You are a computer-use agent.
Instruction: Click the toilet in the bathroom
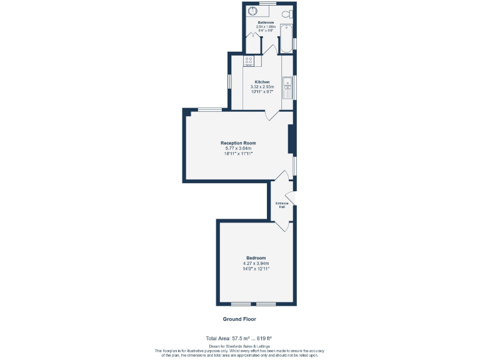coord(287,13)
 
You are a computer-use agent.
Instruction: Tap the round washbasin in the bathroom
coord(254,10)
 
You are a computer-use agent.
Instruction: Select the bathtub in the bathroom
coord(287,38)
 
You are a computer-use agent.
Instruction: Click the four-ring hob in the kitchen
coord(249,61)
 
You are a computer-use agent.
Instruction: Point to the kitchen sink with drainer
coord(287,87)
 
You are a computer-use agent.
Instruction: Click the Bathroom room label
coord(266,22)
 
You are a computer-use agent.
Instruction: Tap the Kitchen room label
coord(262,82)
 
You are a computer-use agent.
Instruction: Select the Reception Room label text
coord(238,143)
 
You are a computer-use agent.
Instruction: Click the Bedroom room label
coord(256,258)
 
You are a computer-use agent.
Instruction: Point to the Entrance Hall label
coord(281,205)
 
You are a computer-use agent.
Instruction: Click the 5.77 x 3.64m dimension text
coord(238,148)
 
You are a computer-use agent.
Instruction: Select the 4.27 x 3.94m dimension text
coord(256,264)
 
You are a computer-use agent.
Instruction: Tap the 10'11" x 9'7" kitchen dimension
coord(262,92)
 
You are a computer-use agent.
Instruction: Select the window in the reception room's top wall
coord(209,110)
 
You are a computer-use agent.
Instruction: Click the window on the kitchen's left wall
coord(229,82)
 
